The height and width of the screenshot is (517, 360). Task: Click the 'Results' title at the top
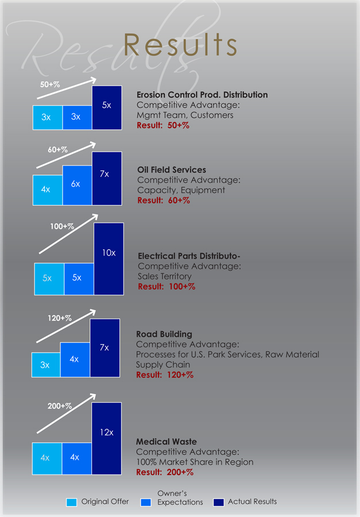tap(180, 45)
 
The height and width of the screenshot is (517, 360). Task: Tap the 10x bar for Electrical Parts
tap(109, 258)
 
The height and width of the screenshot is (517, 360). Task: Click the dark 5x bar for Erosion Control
tap(107, 107)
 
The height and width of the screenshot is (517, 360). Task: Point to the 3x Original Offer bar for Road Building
tap(45, 365)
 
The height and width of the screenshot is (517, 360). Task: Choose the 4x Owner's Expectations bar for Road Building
tap(75, 360)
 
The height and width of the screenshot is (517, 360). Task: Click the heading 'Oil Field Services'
tap(172, 170)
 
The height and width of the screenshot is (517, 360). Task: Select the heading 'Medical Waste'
tap(167, 442)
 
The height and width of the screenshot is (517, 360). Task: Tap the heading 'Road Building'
tap(164, 334)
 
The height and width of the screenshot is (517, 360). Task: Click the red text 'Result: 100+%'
tap(167, 287)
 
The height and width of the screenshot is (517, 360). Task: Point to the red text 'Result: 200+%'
tap(165, 472)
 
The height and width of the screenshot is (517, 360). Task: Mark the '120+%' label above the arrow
tap(60, 318)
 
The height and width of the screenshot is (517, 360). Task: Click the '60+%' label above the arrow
tap(57, 149)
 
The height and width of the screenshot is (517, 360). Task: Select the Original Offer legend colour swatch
tap(71, 502)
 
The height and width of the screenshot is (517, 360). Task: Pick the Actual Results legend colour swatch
tap(218, 502)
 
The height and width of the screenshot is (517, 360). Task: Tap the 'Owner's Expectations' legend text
tap(180, 498)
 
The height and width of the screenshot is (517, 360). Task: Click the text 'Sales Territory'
tap(165, 276)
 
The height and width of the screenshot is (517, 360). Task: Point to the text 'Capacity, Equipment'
tap(181, 190)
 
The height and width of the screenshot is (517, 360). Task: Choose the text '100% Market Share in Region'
tap(195, 462)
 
